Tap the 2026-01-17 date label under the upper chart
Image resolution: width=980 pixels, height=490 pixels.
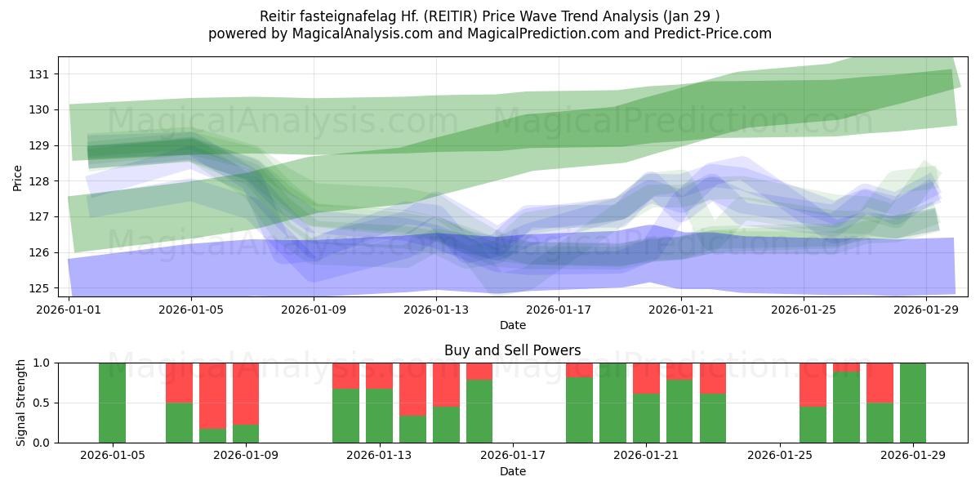[559, 310]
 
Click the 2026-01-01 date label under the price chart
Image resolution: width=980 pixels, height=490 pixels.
[69, 310]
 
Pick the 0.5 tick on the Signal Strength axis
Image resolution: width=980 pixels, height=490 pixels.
[42, 403]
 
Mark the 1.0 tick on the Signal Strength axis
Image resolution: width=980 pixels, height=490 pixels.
[42, 363]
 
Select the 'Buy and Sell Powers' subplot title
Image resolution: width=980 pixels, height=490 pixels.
[512, 350]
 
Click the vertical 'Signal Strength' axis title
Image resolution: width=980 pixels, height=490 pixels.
[21, 403]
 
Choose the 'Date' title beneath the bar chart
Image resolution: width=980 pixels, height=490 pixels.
[512, 471]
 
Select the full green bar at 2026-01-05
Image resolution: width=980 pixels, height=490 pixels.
[112, 403]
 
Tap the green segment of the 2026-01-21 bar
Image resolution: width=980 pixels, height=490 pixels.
[646, 418]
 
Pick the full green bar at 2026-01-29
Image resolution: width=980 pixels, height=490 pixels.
[913, 403]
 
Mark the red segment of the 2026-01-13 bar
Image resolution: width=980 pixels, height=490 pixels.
[379, 376]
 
